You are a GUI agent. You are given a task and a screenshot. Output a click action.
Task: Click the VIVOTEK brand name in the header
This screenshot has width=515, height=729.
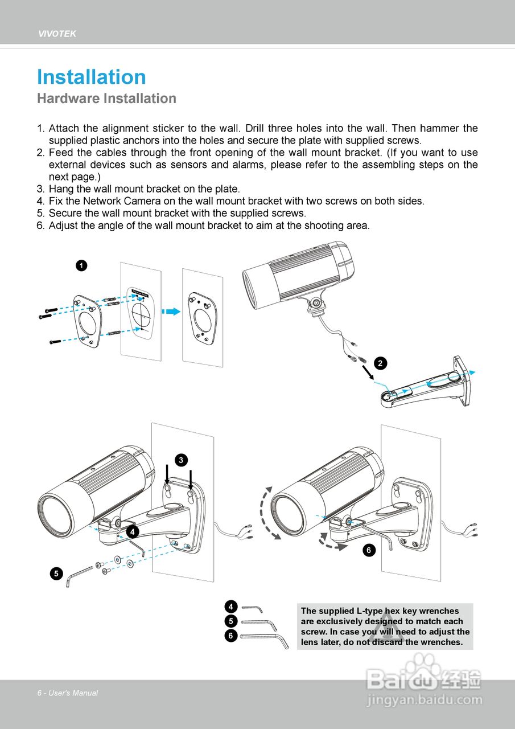click(x=57, y=34)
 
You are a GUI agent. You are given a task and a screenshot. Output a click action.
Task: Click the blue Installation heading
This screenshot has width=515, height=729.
click(x=92, y=77)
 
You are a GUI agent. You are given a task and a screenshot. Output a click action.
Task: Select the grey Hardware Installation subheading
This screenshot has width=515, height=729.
click(x=106, y=99)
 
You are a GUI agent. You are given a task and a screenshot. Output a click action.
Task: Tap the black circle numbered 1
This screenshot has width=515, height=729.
click(x=81, y=265)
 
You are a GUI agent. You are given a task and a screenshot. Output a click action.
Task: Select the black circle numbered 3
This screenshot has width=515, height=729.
click(x=180, y=460)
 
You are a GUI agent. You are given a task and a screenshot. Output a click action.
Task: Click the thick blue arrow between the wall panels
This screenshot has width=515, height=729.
click(x=171, y=311)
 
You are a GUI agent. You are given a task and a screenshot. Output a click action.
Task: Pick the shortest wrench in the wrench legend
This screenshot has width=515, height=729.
click(x=252, y=609)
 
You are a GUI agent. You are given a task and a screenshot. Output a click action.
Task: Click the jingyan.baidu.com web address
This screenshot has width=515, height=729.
click(x=425, y=700)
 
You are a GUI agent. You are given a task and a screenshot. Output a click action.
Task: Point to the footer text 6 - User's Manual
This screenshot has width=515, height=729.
click(x=68, y=693)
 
